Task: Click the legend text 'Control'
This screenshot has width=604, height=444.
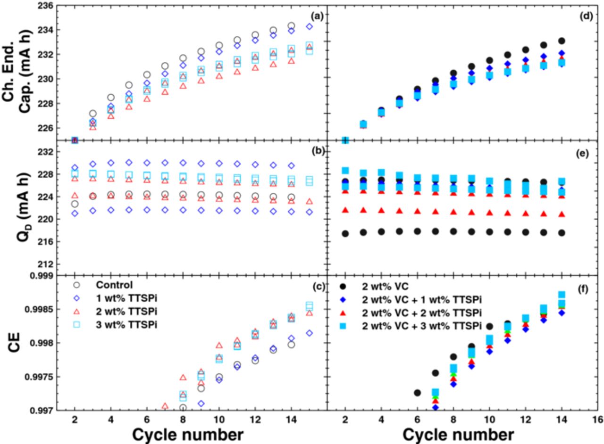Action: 113,285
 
